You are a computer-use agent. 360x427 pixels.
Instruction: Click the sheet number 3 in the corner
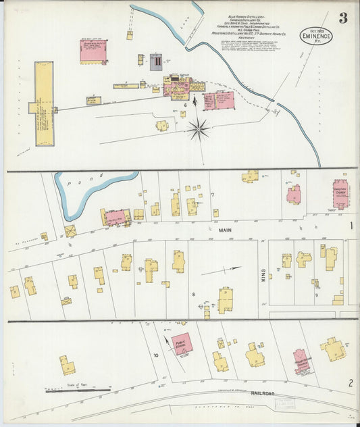[x=342, y=18]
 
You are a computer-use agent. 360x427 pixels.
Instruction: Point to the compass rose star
[x=198, y=128]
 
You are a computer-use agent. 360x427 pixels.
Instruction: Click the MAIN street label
[x=225, y=230]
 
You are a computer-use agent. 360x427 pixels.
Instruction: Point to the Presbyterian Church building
[x=301, y=361]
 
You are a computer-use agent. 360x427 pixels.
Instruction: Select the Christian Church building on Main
[x=340, y=193]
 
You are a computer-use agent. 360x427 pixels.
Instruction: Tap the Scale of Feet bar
[x=78, y=390]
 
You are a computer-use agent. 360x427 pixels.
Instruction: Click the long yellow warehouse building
[x=44, y=105]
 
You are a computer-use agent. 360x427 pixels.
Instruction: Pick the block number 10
[x=155, y=355]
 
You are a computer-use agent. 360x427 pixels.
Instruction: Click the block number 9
[x=315, y=295]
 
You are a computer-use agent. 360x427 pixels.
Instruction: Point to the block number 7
[x=212, y=195]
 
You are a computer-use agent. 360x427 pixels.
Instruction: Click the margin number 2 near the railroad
[x=351, y=383]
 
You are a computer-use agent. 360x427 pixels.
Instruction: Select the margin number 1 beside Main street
[x=351, y=226]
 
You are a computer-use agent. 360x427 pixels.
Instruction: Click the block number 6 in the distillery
[x=184, y=105]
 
